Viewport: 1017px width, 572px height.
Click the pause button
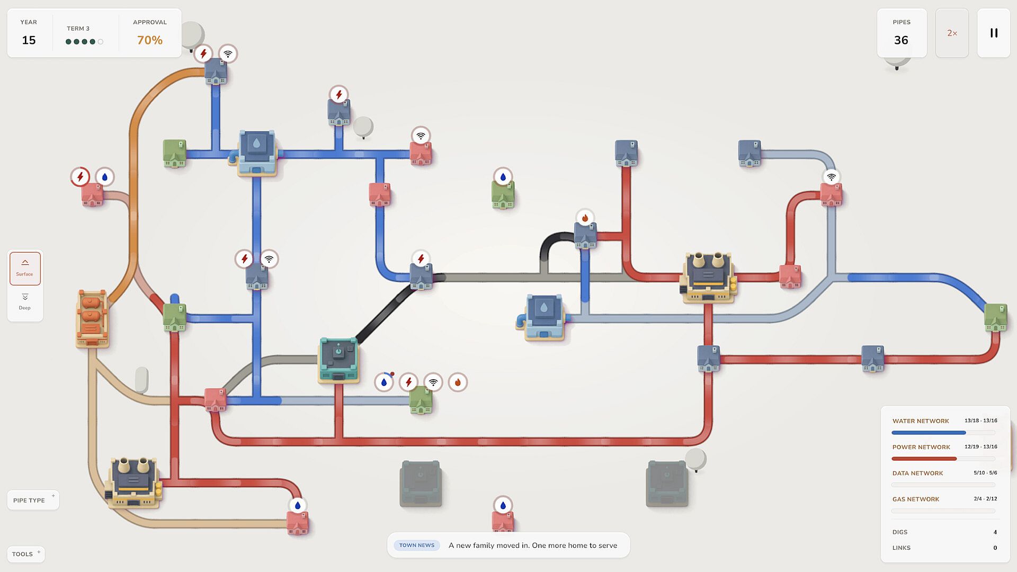994,33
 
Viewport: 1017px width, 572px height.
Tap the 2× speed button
952,33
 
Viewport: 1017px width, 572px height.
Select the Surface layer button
25,269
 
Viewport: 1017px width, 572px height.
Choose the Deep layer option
25,302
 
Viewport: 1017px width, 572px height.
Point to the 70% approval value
150,40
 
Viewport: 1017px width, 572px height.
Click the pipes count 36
901,40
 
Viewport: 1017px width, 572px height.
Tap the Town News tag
417,545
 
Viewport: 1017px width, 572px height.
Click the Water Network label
921,421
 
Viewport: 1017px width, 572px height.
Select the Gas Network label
916,499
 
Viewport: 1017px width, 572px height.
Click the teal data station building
338,360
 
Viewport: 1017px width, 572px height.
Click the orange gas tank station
92,318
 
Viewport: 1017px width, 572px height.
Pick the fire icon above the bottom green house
458,382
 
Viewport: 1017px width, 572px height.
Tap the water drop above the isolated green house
503,177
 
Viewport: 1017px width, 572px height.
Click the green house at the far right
995,317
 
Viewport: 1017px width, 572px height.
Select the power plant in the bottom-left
134,482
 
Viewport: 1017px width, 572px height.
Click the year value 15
29,40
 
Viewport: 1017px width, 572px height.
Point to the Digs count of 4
995,532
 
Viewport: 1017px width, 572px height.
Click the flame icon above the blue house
585,218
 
